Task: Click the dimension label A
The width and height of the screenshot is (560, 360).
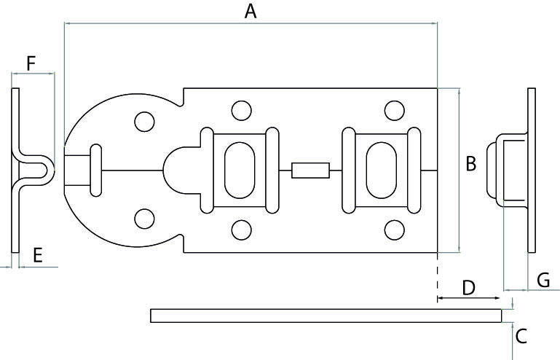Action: (x=251, y=11)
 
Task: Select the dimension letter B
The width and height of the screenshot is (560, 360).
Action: (x=471, y=164)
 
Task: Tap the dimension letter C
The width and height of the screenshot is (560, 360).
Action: (x=521, y=336)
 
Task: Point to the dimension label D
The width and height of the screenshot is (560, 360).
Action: (x=468, y=287)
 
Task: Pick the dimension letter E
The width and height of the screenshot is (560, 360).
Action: (x=38, y=254)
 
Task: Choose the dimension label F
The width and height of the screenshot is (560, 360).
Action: (x=31, y=63)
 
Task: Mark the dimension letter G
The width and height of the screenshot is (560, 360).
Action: (x=543, y=279)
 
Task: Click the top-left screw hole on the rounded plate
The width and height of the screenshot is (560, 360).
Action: (x=144, y=121)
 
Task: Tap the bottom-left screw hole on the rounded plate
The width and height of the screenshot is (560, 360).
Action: (x=144, y=218)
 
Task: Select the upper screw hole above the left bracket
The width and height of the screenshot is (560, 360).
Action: (x=240, y=111)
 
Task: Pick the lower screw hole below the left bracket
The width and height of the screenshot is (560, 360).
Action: (x=240, y=230)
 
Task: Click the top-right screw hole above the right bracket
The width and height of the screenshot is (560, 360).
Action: (x=394, y=111)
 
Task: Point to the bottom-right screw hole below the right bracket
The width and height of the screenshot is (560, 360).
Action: (x=394, y=230)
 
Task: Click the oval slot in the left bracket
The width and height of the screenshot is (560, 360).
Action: (x=239, y=171)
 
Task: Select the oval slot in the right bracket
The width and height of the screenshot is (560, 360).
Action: (x=380, y=171)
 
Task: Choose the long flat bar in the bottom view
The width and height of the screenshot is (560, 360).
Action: (x=326, y=316)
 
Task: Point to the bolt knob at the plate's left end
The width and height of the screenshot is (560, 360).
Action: (x=95, y=171)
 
